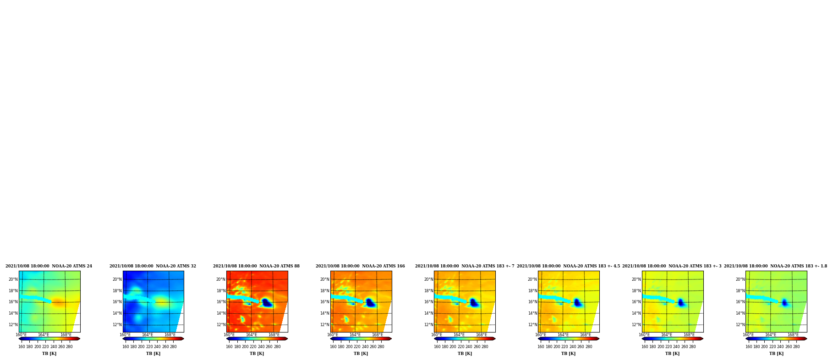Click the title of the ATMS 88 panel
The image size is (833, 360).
[256, 266]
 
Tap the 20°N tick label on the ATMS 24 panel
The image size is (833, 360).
[13, 279]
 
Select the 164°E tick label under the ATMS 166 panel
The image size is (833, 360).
[355, 335]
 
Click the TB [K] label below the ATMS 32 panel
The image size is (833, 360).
[153, 354]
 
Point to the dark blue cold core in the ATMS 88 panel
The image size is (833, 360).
[266, 302]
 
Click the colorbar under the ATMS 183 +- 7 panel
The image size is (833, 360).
[465, 339]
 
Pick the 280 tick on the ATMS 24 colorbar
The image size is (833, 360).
[69, 347]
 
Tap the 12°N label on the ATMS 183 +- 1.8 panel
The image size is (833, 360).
[740, 325]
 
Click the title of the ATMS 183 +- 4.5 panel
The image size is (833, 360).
[568, 266]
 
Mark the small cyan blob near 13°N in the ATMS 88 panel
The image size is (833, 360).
[242, 319]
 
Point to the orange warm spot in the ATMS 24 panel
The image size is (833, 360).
[58, 302]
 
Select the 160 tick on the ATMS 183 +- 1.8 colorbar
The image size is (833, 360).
[749, 347]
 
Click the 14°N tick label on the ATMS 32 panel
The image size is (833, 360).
[117, 313]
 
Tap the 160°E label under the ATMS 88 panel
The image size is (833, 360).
[229, 335]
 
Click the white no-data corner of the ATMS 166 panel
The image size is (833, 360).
[388, 323]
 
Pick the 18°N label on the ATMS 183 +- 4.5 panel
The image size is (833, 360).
[532, 291]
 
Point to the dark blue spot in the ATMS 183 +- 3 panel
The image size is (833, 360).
[681, 302]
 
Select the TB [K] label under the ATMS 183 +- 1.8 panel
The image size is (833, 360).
[776, 354]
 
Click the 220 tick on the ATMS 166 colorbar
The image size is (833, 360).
[357, 347]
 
